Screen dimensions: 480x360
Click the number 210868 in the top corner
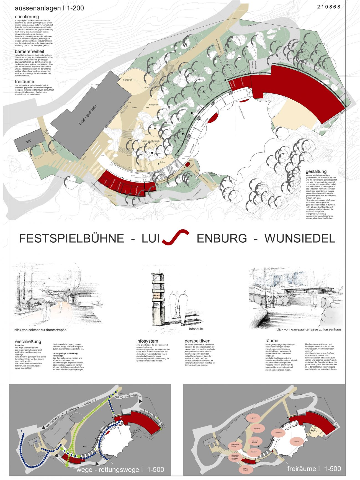point(329,7)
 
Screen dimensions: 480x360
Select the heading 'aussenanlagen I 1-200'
point(49,9)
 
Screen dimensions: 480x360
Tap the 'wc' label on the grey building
point(29,142)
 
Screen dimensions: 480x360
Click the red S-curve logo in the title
point(175,237)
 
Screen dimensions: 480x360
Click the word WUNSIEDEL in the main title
point(300,238)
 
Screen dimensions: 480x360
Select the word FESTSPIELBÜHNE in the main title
point(71,238)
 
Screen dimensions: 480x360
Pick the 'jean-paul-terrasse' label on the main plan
point(151,141)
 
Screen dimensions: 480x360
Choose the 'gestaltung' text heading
point(316,171)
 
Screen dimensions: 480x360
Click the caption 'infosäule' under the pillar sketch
point(196,329)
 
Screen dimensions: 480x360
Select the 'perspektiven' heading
point(197,341)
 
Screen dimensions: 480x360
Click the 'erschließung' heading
point(28,342)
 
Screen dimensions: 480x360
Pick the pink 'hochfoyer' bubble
point(278,433)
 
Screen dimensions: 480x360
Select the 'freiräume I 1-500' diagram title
point(314,469)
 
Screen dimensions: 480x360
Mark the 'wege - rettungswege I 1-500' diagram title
point(120,469)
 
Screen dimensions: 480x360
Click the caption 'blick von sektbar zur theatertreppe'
point(40,330)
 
